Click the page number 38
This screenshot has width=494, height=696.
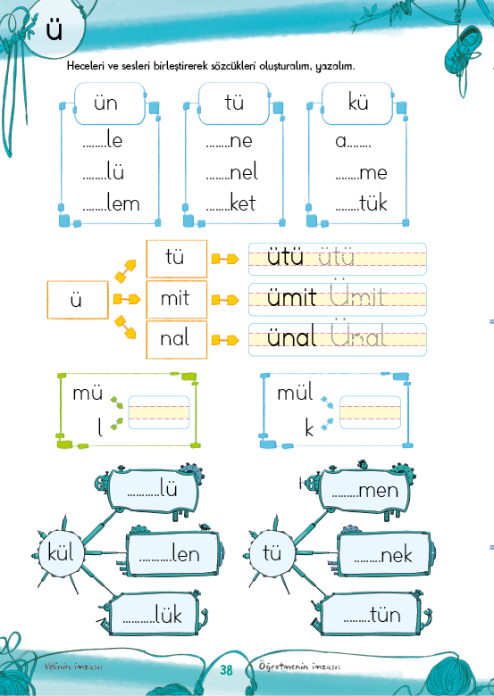(226, 669)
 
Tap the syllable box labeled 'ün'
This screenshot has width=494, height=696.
(109, 104)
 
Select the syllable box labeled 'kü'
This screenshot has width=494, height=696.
(357, 104)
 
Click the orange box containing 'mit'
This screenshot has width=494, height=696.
(176, 299)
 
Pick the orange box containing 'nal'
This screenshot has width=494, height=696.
(176, 339)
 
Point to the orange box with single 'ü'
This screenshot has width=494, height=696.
(78, 300)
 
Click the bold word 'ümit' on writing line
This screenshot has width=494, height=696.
(291, 297)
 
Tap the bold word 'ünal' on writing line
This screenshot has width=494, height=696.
(291, 337)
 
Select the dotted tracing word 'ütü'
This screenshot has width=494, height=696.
(336, 256)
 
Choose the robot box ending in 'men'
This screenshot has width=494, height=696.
(364, 490)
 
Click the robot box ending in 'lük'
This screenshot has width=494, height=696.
(154, 614)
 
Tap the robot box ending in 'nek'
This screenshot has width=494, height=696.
(383, 554)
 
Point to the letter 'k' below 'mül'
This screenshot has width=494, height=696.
(309, 428)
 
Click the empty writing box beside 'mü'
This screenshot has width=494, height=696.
(159, 412)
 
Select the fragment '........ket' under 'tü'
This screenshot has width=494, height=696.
(231, 203)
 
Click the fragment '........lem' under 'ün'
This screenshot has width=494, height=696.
(111, 203)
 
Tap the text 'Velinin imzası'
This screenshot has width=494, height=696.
(73, 667)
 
